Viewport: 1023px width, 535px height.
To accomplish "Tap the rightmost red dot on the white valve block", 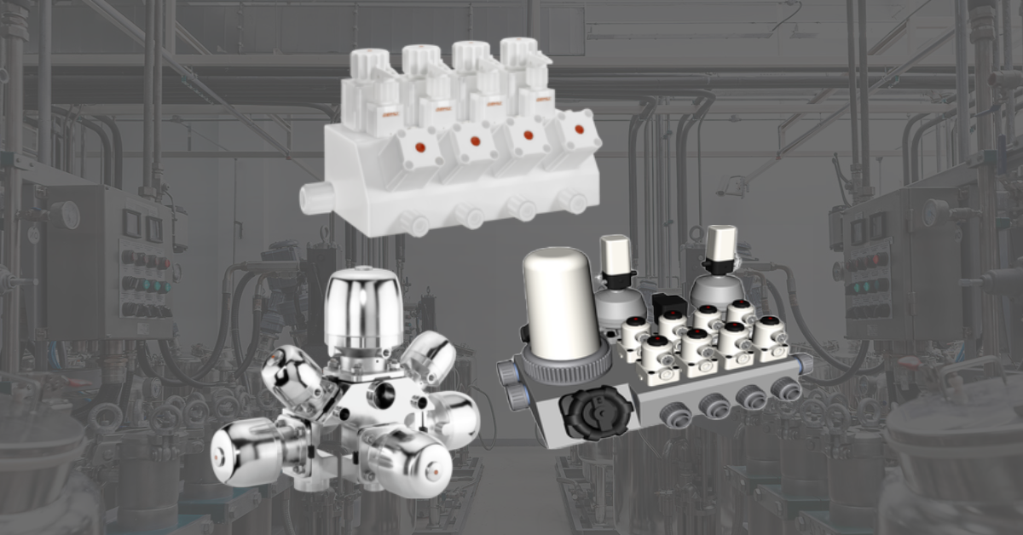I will [580, 129].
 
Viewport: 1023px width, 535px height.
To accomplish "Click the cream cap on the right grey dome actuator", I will [720, 244].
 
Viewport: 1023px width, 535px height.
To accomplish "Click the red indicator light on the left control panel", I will [163, 264].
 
